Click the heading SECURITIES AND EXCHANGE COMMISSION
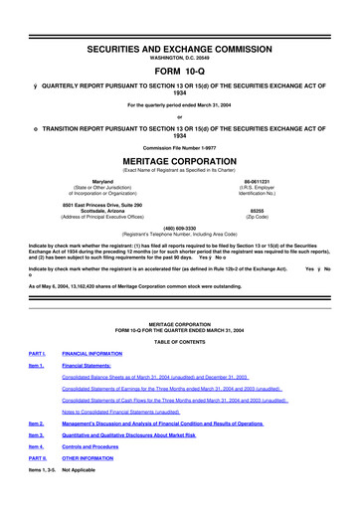pyautogui.click(x=179, y=20)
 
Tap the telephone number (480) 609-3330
pyautogui.click(x=179, y=227)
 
